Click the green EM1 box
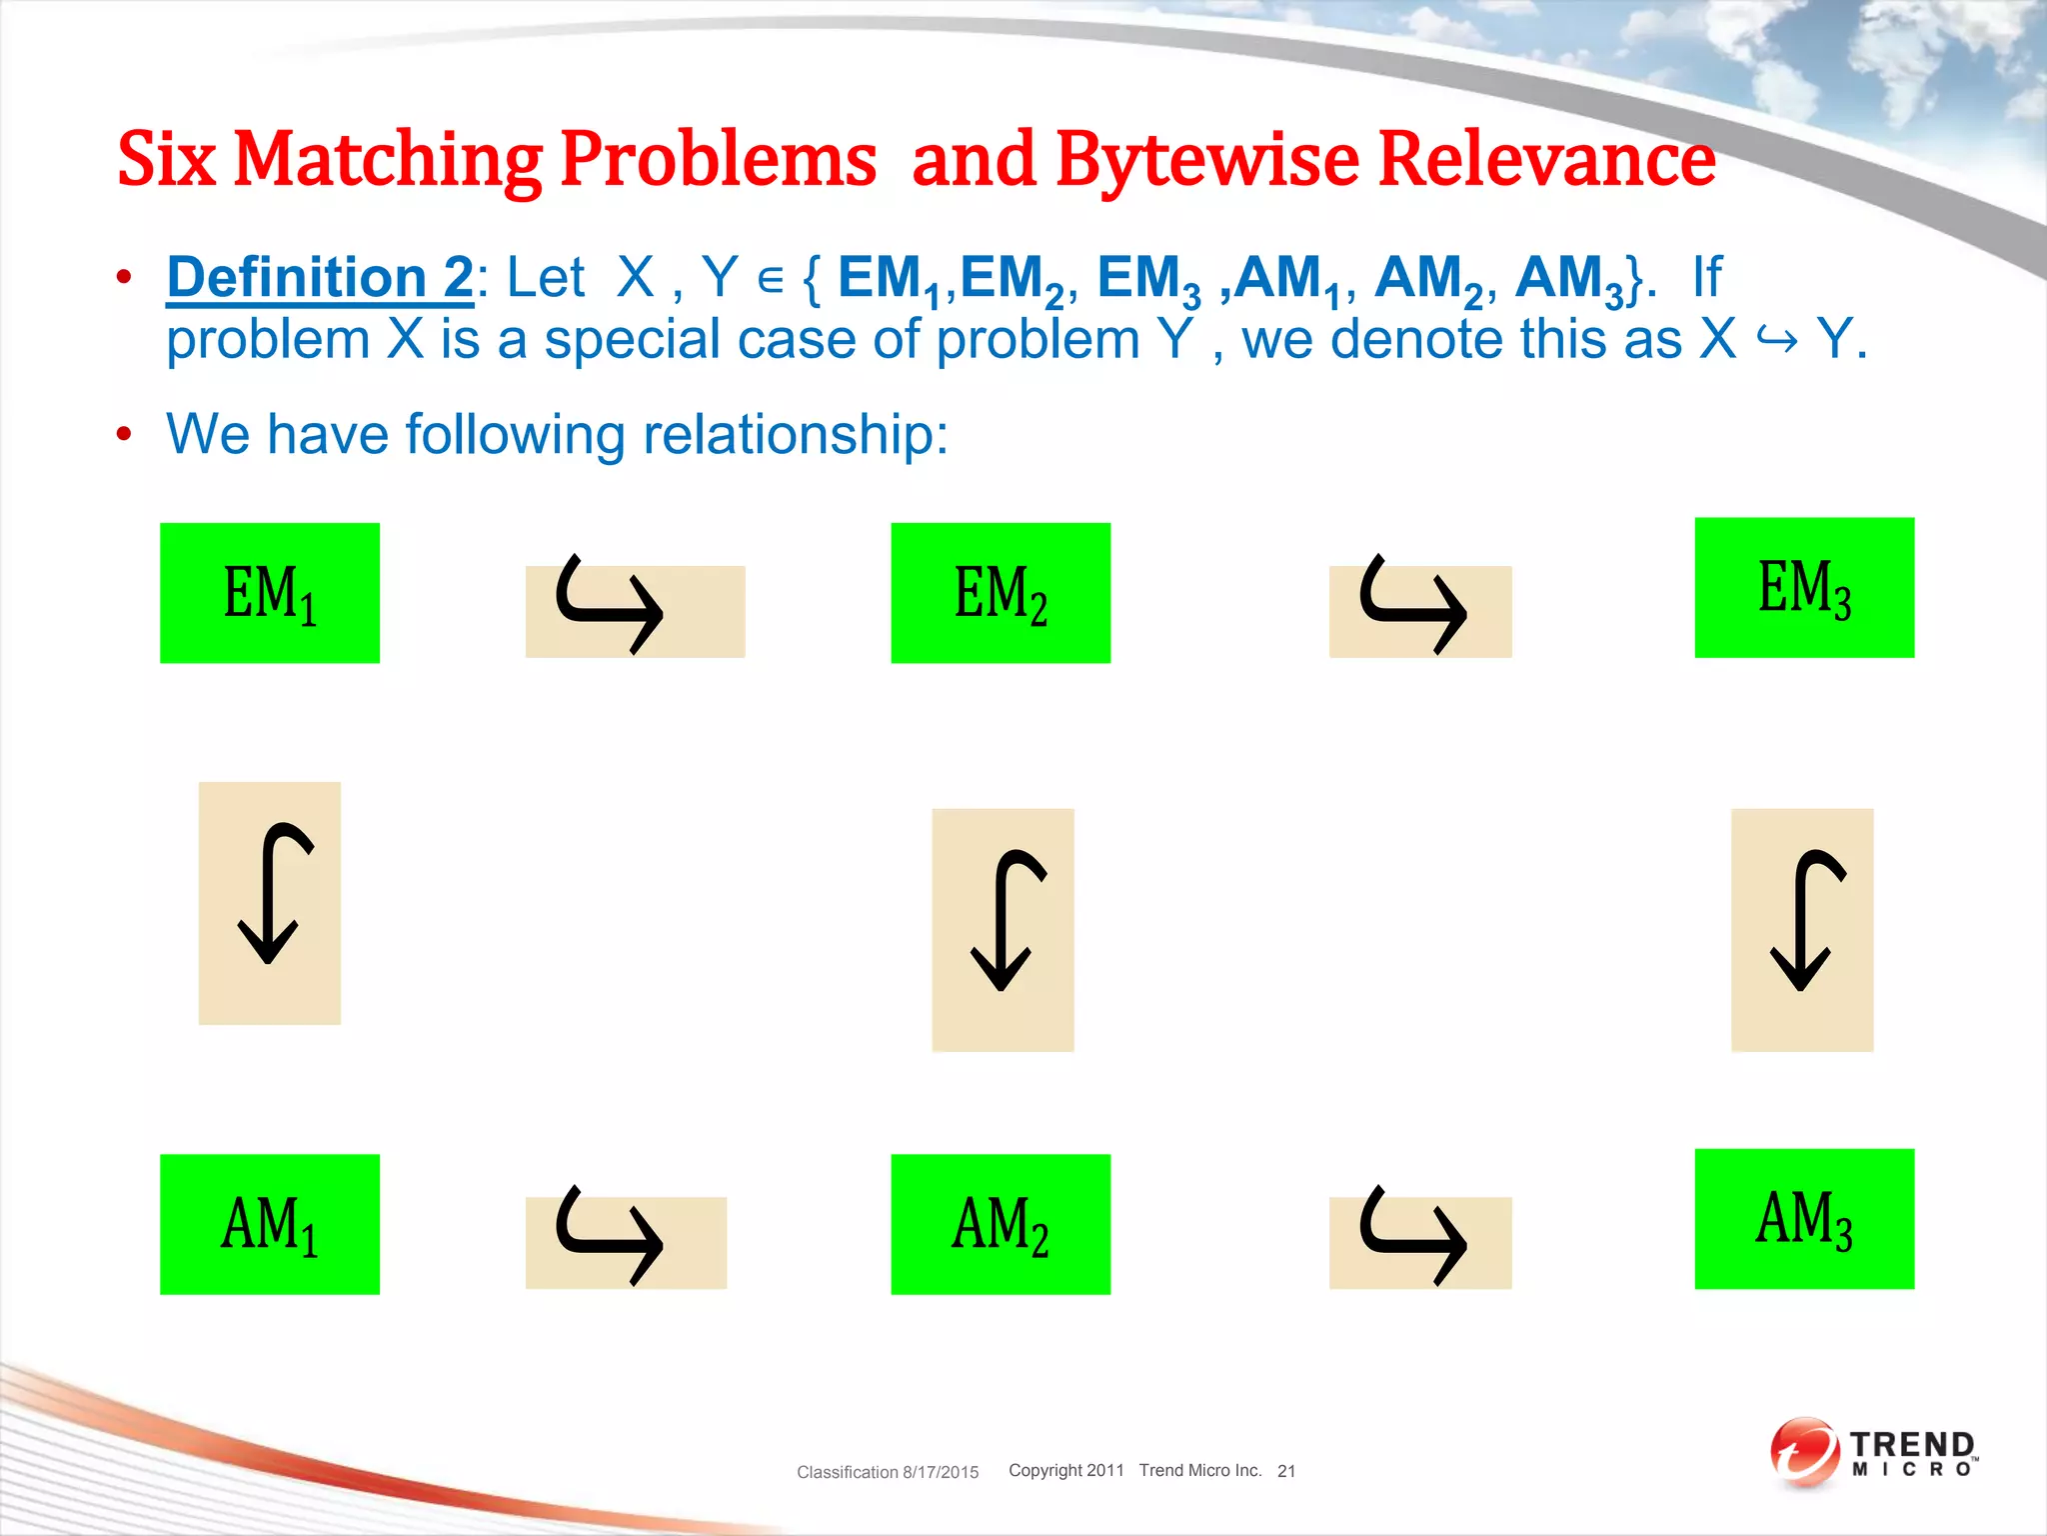[270, 593]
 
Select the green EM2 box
[1001, 593]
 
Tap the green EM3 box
[1804, 588]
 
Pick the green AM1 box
[270, 1224]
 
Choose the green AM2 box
[1001, 1224]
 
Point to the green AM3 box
[1804, 1219]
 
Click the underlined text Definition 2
[320, 277]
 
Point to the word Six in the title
[166, 160]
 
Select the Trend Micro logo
[1874, 1452]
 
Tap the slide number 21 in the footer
[1286, 1471]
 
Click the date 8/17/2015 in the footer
[941, 1472]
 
